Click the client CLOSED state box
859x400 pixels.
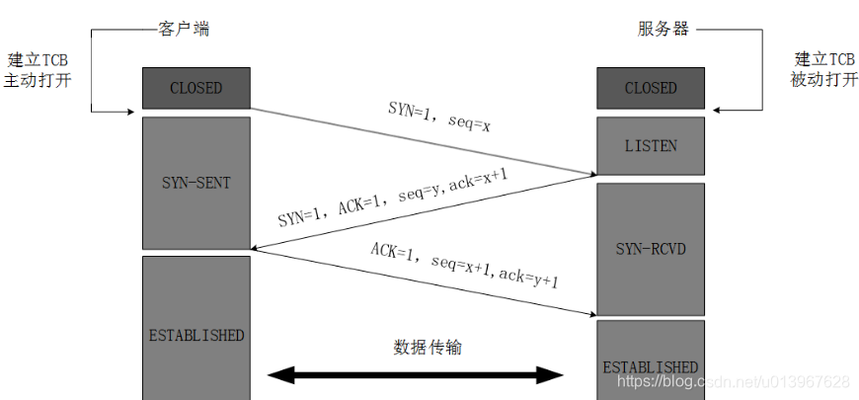tap(195, 88)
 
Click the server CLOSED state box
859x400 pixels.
tap(651, 88)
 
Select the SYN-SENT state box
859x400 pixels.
tap(195, 183)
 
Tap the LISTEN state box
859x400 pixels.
tap(651, 145)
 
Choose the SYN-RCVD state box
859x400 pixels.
tap(651, 248)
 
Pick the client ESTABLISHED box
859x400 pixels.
tap(195, 335)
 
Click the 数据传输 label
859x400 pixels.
tap(427, 347)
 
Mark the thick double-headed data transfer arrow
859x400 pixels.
tap(416, 374)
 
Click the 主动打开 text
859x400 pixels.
tap(38, 80)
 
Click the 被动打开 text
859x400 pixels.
tap(824, 80)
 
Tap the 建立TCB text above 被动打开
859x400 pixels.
tap(824, 59)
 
